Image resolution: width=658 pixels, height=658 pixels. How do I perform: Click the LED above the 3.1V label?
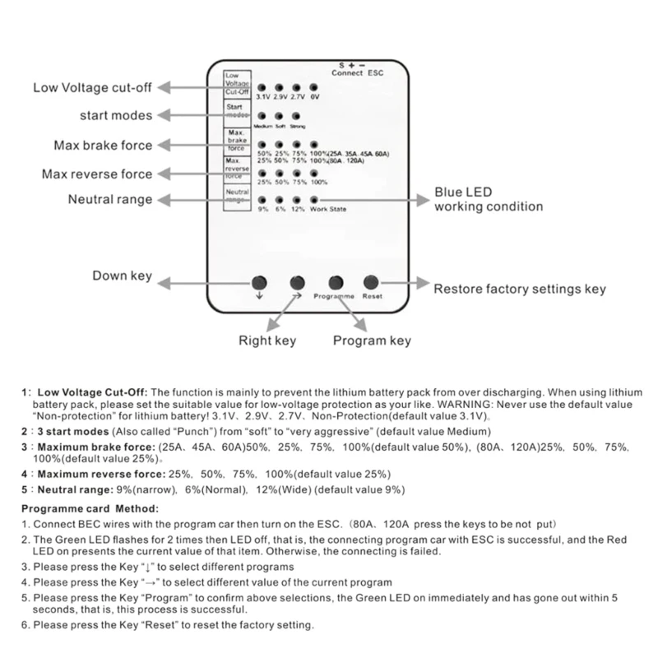coord(261,86)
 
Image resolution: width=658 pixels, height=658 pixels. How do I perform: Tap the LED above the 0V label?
coord(314,86)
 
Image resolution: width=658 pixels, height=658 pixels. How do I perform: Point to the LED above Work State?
coord(314,199)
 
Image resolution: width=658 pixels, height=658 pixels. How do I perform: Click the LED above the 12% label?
coord(296,199)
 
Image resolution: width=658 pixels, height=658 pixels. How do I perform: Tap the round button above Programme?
coord(335,281)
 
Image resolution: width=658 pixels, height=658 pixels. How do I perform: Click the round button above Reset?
coord(371,281)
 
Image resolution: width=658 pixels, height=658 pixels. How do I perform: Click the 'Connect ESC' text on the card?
coord(358,72)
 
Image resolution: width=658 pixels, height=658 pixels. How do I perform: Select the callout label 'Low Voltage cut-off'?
coord(92,88)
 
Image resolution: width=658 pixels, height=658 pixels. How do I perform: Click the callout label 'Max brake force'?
coord(104,146)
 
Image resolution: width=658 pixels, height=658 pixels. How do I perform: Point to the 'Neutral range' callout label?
coord(110,199)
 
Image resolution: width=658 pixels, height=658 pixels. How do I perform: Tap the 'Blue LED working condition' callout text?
coord(488,199)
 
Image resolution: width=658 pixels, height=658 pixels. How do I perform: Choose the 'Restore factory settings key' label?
coord(520,289)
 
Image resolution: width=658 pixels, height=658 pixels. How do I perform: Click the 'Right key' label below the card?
coord(266,341)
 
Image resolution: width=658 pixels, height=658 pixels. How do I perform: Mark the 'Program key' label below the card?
coord(371,341)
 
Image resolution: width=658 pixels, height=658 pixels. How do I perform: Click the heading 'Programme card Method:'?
coord(90,507)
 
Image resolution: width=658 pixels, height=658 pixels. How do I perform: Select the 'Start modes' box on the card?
coord(236,111)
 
